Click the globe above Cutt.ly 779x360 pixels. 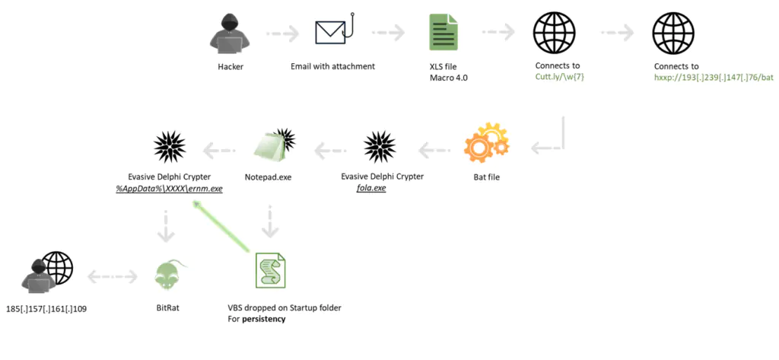tap(554, 33)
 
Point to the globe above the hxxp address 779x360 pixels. tap(672, 33)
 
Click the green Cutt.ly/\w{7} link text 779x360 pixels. tap(558, 77)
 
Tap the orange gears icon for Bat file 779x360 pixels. tap(487, 142)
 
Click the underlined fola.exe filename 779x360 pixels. tap(371, 187)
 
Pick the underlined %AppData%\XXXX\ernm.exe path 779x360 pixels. tap(169, 187)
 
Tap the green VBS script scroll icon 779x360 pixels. tap(271, 270)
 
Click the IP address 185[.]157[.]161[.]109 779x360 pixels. tap(46, 309)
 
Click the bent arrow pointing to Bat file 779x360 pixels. tap(548, 141)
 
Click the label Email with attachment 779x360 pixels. tap(332, 66)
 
